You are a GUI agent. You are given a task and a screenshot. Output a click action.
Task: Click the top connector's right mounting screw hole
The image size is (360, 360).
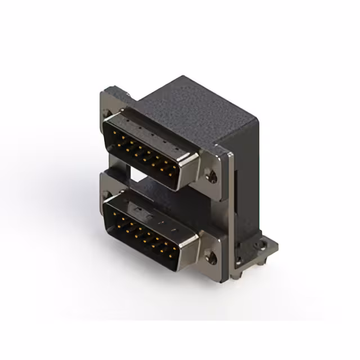point(211,177)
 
